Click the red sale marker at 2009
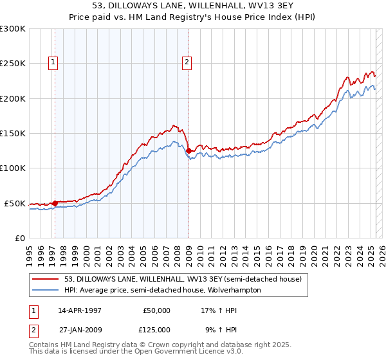click(x=188, y=151)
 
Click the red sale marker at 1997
click(x=55, y=203)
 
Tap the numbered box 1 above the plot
click(x=52, y=62)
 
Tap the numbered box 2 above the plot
click(x=186, y=62)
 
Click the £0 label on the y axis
click(x=19, y=238)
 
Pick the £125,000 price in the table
click(x=157, y=330)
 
